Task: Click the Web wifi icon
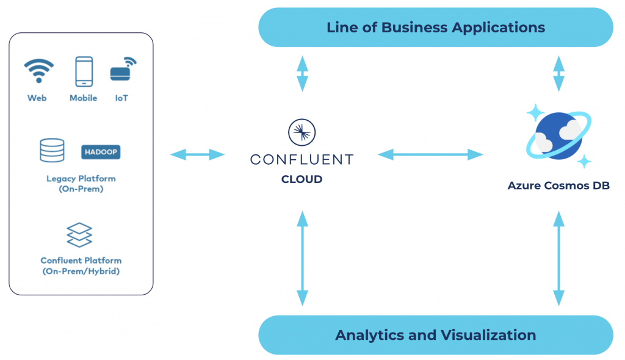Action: click(38, 71)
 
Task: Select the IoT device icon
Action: click(122, 70)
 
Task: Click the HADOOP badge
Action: click(101, 151)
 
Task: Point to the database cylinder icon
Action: click(52, 150)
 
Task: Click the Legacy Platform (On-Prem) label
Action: click(81, 184)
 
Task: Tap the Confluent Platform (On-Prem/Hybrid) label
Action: click(81, 265)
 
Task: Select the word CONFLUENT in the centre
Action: click(302, 160)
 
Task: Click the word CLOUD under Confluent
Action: click(302, 179)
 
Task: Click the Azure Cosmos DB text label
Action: click(558, 185)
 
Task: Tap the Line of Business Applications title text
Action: click(435, 27)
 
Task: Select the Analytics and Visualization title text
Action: click(435, 335)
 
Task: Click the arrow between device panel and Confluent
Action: click(198, 154)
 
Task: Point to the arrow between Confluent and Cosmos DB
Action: click(430, 154)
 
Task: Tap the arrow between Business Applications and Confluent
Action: click(302, 73)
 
